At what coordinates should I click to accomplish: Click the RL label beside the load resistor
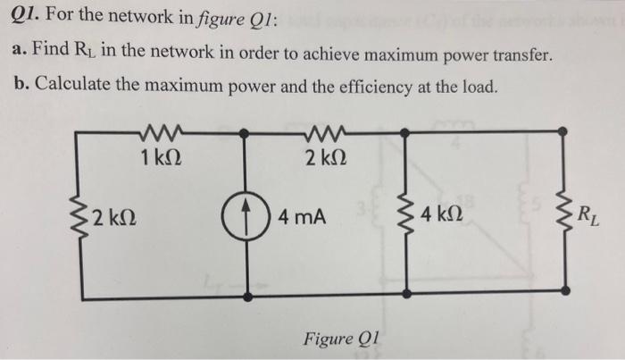tap(589, 213)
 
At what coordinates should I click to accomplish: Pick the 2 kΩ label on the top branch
tap(321, 161)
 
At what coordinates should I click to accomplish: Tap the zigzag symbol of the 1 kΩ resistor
tap(161, 132)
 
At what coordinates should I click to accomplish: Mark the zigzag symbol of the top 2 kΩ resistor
tap(319, 132)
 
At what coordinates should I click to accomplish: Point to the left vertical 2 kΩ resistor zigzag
tap(86, 215)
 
